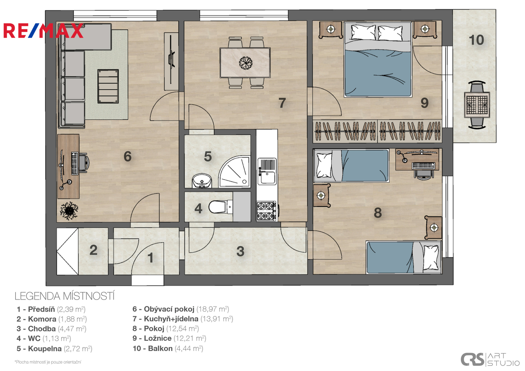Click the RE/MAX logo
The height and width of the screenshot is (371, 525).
pyautogui.click(x=43, y=31)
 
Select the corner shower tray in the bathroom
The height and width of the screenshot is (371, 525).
pyautogui.click(x=235, y=172)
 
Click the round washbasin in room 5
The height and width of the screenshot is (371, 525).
pyautogui.click(x=202, y=181)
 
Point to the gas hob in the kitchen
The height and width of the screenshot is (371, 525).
pyautogui.click(x=267, y=211)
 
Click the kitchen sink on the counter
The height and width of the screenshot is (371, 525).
pyautogui.click(x=267, y=171)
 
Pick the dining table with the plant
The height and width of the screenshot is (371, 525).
pyautogui.click(x=245, y=63)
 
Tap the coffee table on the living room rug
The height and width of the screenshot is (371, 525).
pyautogui.click(x=108, y=86)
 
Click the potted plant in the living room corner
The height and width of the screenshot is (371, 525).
pyautogui.click(x=69, y=211)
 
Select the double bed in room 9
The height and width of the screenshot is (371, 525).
pyautogui.click(x=378, y=59)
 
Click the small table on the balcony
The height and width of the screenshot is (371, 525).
pyautogui.click(x=477, y=105)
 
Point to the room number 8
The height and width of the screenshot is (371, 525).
pyautogui.click(x=378, y=213)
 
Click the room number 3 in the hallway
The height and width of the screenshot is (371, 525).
pyautogui.click(x=240, y=251)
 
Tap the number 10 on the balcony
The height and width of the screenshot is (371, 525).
pyautogui.click(x=477, y=40)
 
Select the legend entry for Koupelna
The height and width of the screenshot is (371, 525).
pyautogui.click(x=54, y=349)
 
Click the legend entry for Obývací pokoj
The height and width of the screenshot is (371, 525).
pyautogui.click(x=181, y=309)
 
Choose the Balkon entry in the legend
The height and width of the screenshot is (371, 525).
pyautogui.click(x=168, y=348)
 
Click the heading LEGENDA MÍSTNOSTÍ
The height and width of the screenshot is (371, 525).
pyautogui.click(x=65, y=296)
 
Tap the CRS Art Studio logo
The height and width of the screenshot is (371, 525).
pyautogui.click(x=490, y=359)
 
